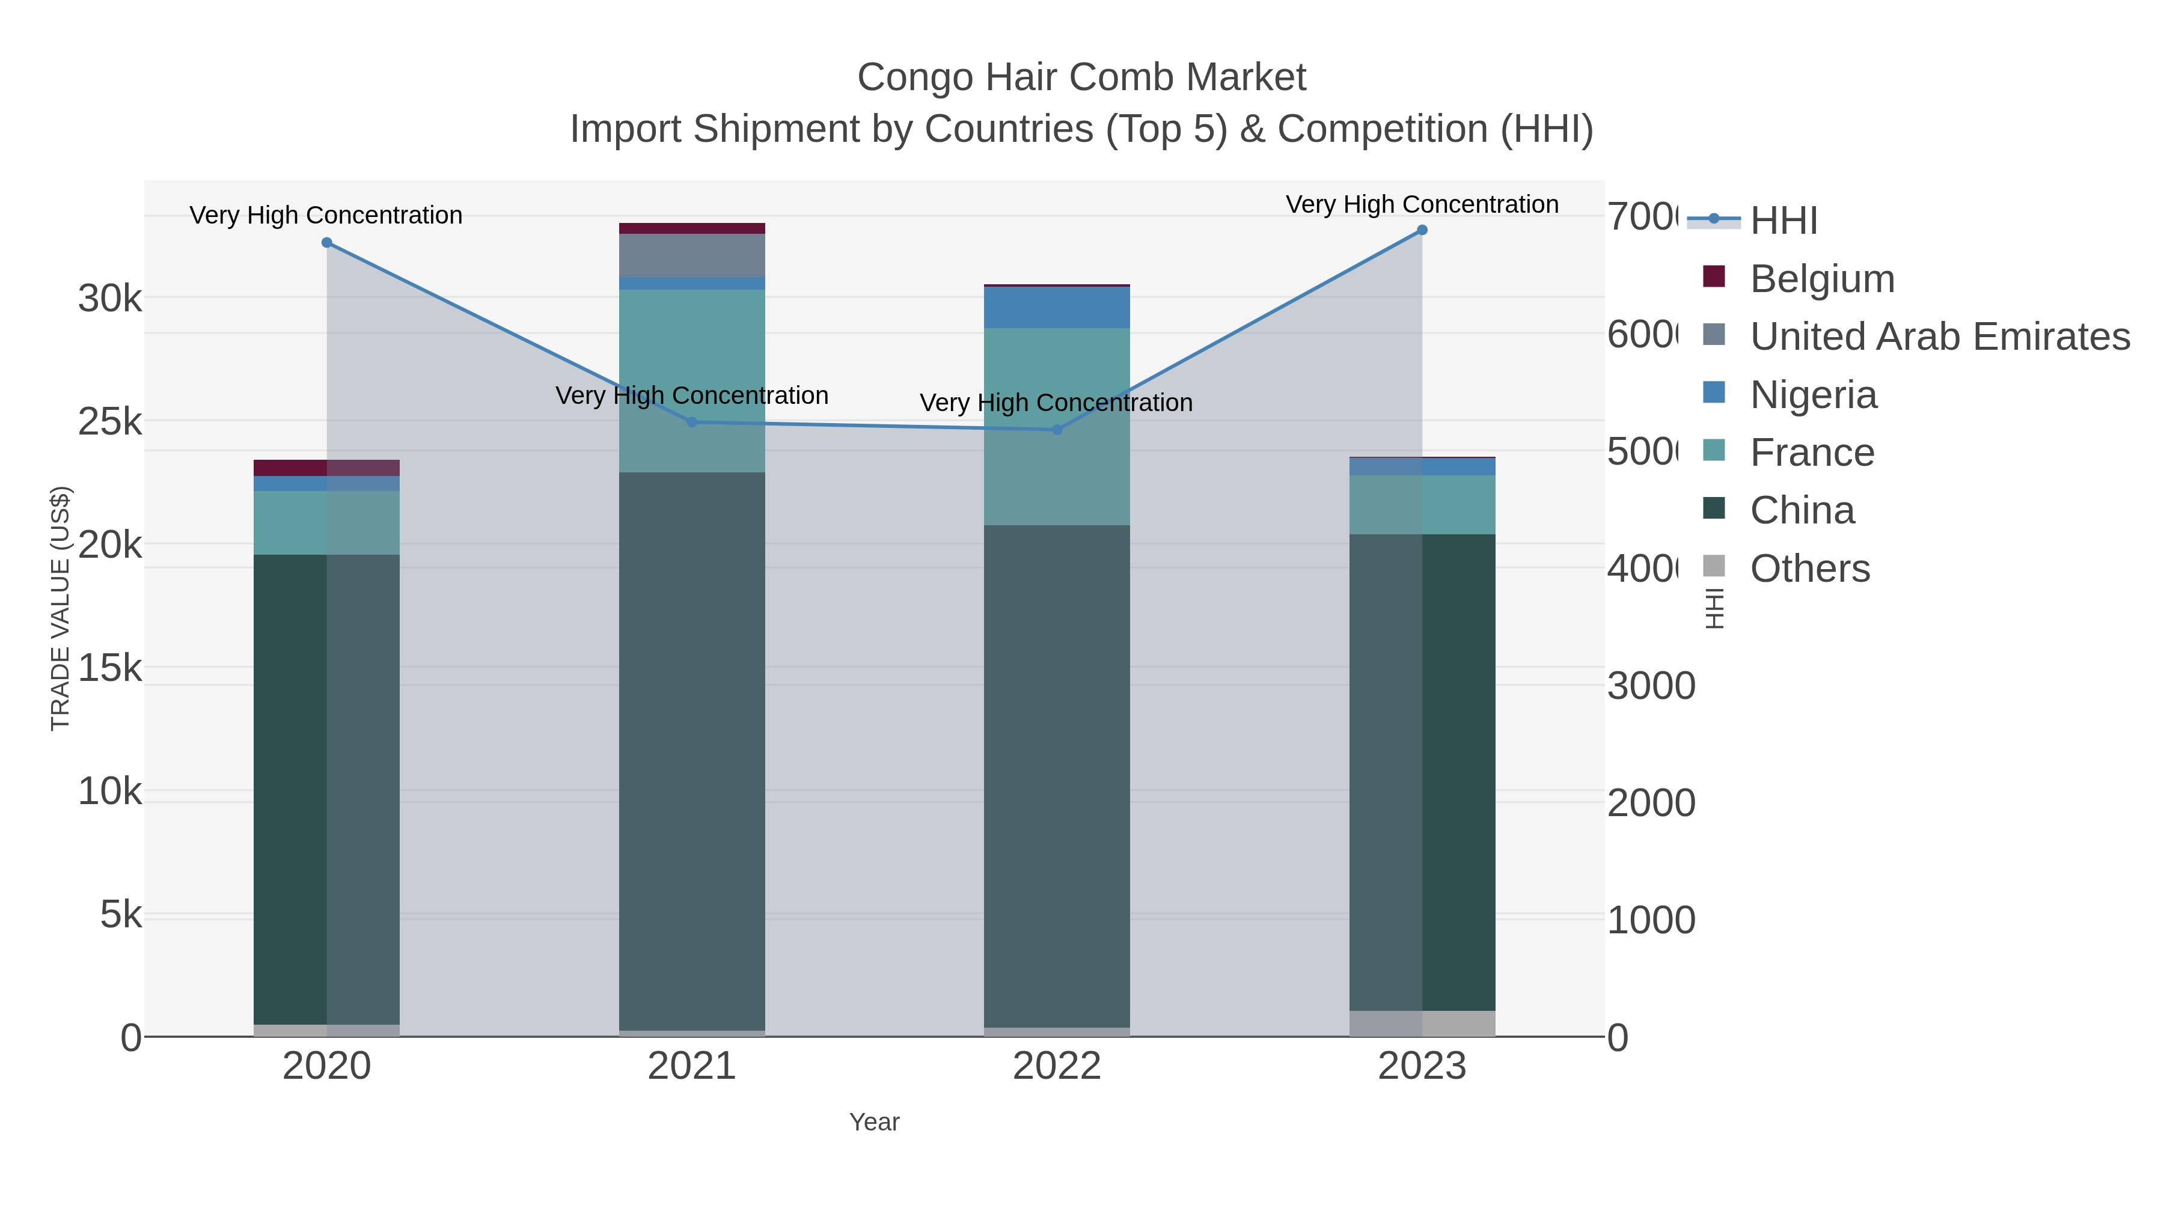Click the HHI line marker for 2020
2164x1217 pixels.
(327, 243)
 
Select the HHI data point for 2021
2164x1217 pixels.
(692, 422)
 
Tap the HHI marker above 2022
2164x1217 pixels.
(1057, 429)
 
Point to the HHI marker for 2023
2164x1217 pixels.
(1422, 230)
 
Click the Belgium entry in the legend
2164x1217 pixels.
(1821, 278)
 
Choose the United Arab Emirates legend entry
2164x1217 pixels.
(1939, 336)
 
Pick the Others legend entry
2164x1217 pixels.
(1809, 569)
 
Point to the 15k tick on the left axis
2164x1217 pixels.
(110, 668)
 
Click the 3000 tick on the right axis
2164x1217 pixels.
(1651, 686)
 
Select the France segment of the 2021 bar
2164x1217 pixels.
(692, 380)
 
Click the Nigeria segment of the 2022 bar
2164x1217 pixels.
(1057, 307)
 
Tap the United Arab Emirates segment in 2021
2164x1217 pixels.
(692, 255)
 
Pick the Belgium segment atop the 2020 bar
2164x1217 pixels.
(327, 468)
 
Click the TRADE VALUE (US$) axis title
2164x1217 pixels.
(61, 608)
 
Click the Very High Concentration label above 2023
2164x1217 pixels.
(1422, 204)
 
